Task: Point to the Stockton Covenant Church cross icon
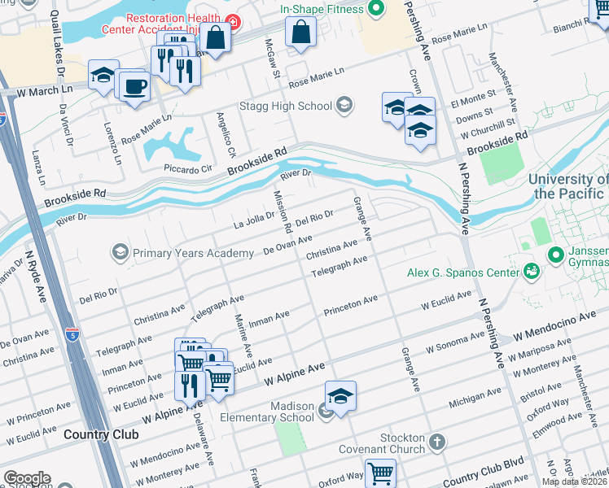tap(437, 442)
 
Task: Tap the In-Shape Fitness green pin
tap(375, 9)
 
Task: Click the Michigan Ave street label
tap(475, 401)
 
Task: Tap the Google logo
tap(26, 478)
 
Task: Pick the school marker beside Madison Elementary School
tap(341, 396)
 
